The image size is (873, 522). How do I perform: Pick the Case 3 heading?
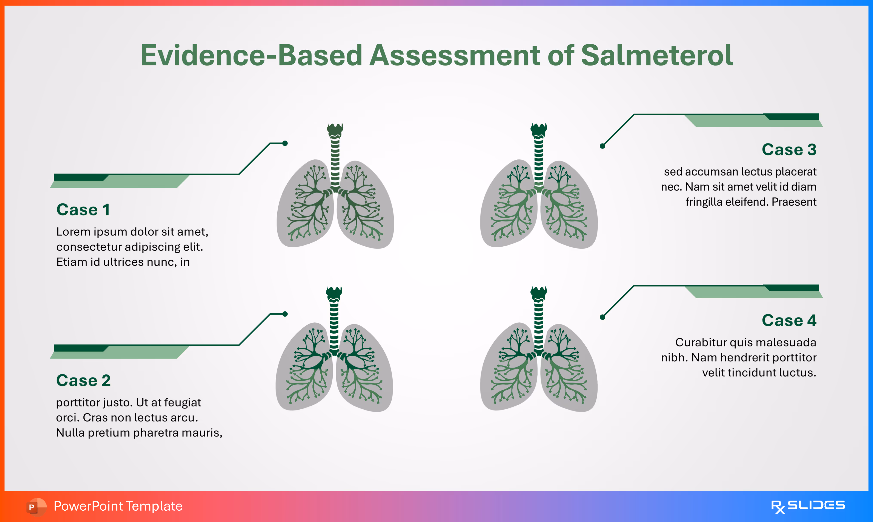[x=789, y=150]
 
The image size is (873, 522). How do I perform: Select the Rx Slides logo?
[x=808, y=506]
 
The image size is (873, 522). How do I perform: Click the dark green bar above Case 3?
[x=792, y=116]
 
